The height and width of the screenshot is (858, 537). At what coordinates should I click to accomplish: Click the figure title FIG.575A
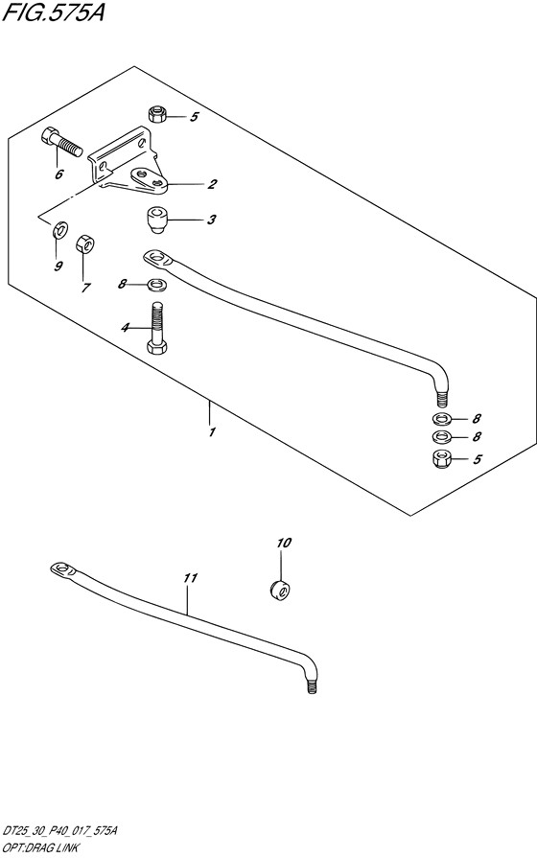[x=53, y=12]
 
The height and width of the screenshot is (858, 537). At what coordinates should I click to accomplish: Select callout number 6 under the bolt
[x=59, y=174]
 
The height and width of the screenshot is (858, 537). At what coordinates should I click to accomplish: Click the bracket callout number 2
[x=212, y=184]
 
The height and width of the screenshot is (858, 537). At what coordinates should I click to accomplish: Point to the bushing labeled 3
[x=156, y=220]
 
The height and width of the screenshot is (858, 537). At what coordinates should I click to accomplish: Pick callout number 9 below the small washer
[x=58, y=267]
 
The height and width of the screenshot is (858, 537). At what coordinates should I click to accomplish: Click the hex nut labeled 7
[x=84, y=243]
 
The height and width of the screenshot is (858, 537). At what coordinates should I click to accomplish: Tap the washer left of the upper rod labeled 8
[x=157, y=284]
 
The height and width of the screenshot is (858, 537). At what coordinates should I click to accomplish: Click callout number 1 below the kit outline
[x=212, y=431]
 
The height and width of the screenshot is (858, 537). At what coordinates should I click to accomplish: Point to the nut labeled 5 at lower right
[x=441, y=458]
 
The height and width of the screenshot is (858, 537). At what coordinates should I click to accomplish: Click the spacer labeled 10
[x=281, y=591]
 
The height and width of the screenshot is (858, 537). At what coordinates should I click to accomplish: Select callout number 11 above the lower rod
[x=191, y=578]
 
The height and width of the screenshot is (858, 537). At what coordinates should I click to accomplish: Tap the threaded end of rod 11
[x=312, y=685]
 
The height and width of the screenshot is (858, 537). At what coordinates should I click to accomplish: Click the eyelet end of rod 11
[x=61, y=569]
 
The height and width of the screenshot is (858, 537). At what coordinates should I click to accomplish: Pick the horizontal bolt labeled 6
[x=61, y=140]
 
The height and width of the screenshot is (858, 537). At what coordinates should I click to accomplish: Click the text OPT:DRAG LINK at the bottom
[x=40, y=848]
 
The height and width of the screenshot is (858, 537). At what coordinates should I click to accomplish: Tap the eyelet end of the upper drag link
[x=157, y=258]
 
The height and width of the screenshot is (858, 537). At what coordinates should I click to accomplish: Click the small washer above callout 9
[x=60, y=230]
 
